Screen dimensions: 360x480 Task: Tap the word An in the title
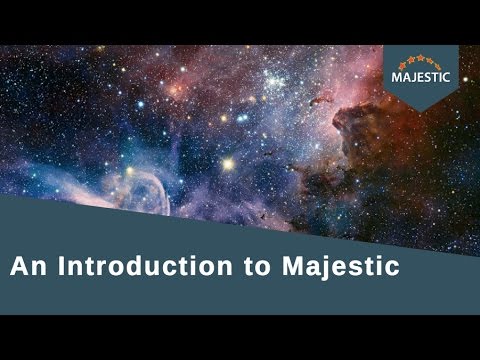(x=26, y=267)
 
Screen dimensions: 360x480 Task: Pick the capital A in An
(x=19, y=267)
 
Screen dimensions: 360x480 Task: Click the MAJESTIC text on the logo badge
(x=421, y=76)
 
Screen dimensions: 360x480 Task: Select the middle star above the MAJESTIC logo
(x=421, y=59)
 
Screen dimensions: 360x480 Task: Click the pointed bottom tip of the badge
(x=421, y=102)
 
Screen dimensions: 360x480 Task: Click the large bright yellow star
(x=228, y=163)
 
